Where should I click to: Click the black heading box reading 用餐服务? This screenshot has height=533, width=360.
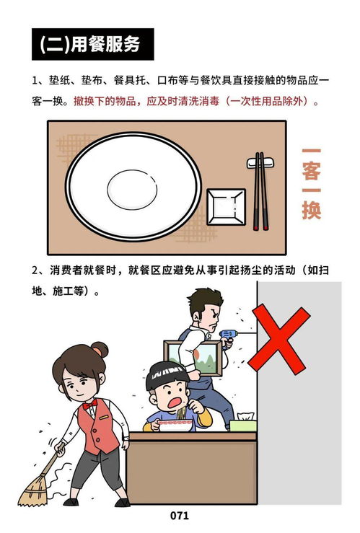pos(95,44)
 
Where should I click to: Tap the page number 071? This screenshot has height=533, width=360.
pos(180,515)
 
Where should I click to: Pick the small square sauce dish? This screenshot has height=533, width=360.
pos(226,204)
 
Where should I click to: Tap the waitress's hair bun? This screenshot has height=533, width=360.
pos(100,350)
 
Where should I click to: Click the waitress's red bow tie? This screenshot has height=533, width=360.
pos(90,405)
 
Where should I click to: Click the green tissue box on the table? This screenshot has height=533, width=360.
pos(242,423)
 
